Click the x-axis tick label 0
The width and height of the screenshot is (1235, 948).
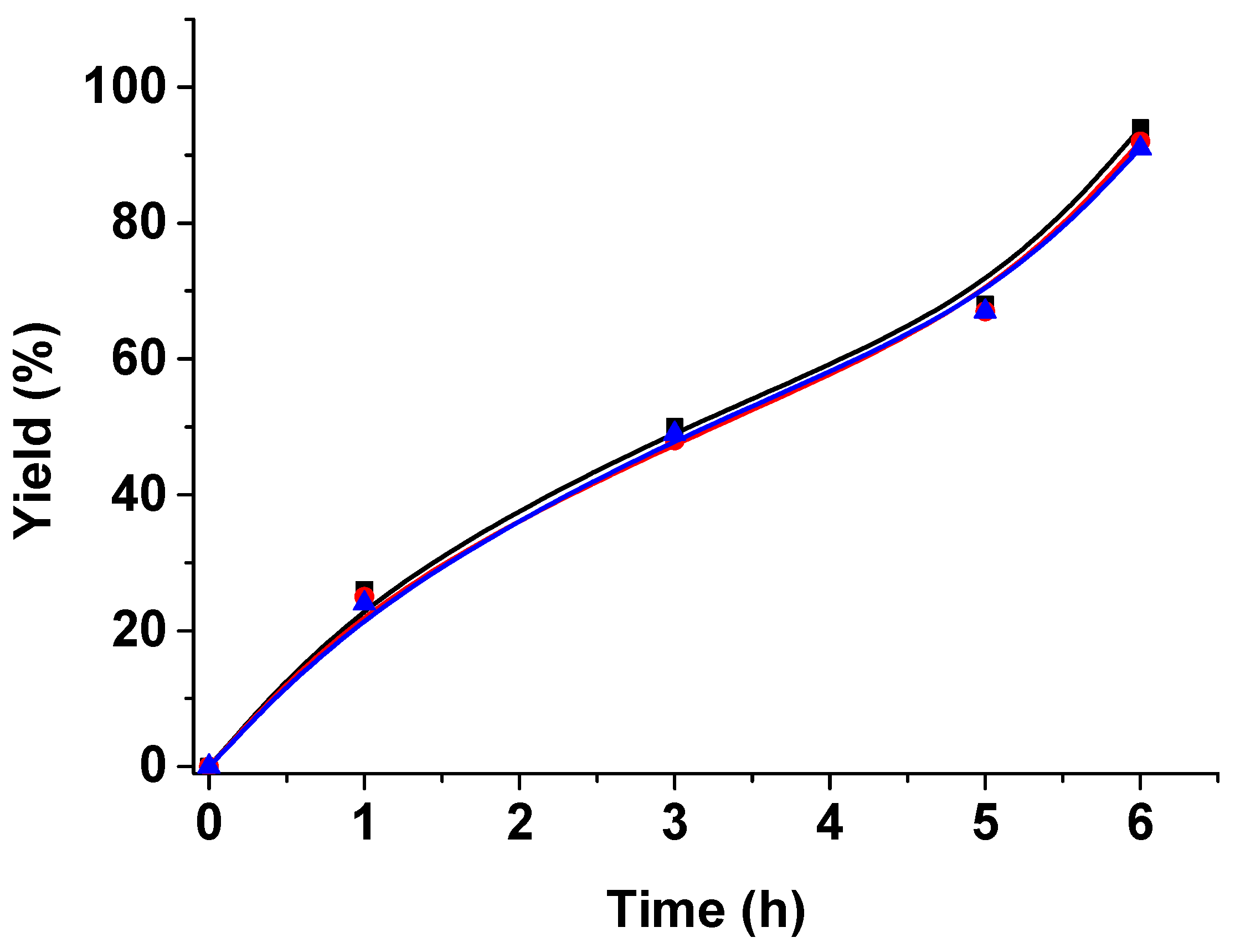point(209,823)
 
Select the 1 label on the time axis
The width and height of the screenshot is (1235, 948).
point(364,823)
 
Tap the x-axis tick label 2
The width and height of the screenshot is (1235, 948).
point(519,823)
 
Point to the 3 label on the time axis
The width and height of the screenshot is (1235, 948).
point(675,823)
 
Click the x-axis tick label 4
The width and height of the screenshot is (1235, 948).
point(830,823)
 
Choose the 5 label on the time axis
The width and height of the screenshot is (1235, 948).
point(985,823)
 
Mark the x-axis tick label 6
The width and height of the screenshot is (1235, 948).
point(1140,823)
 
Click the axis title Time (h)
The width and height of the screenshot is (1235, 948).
point(706,910)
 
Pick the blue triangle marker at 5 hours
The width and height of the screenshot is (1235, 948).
point(985,310)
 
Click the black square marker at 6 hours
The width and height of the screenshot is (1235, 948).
point(1140,127)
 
